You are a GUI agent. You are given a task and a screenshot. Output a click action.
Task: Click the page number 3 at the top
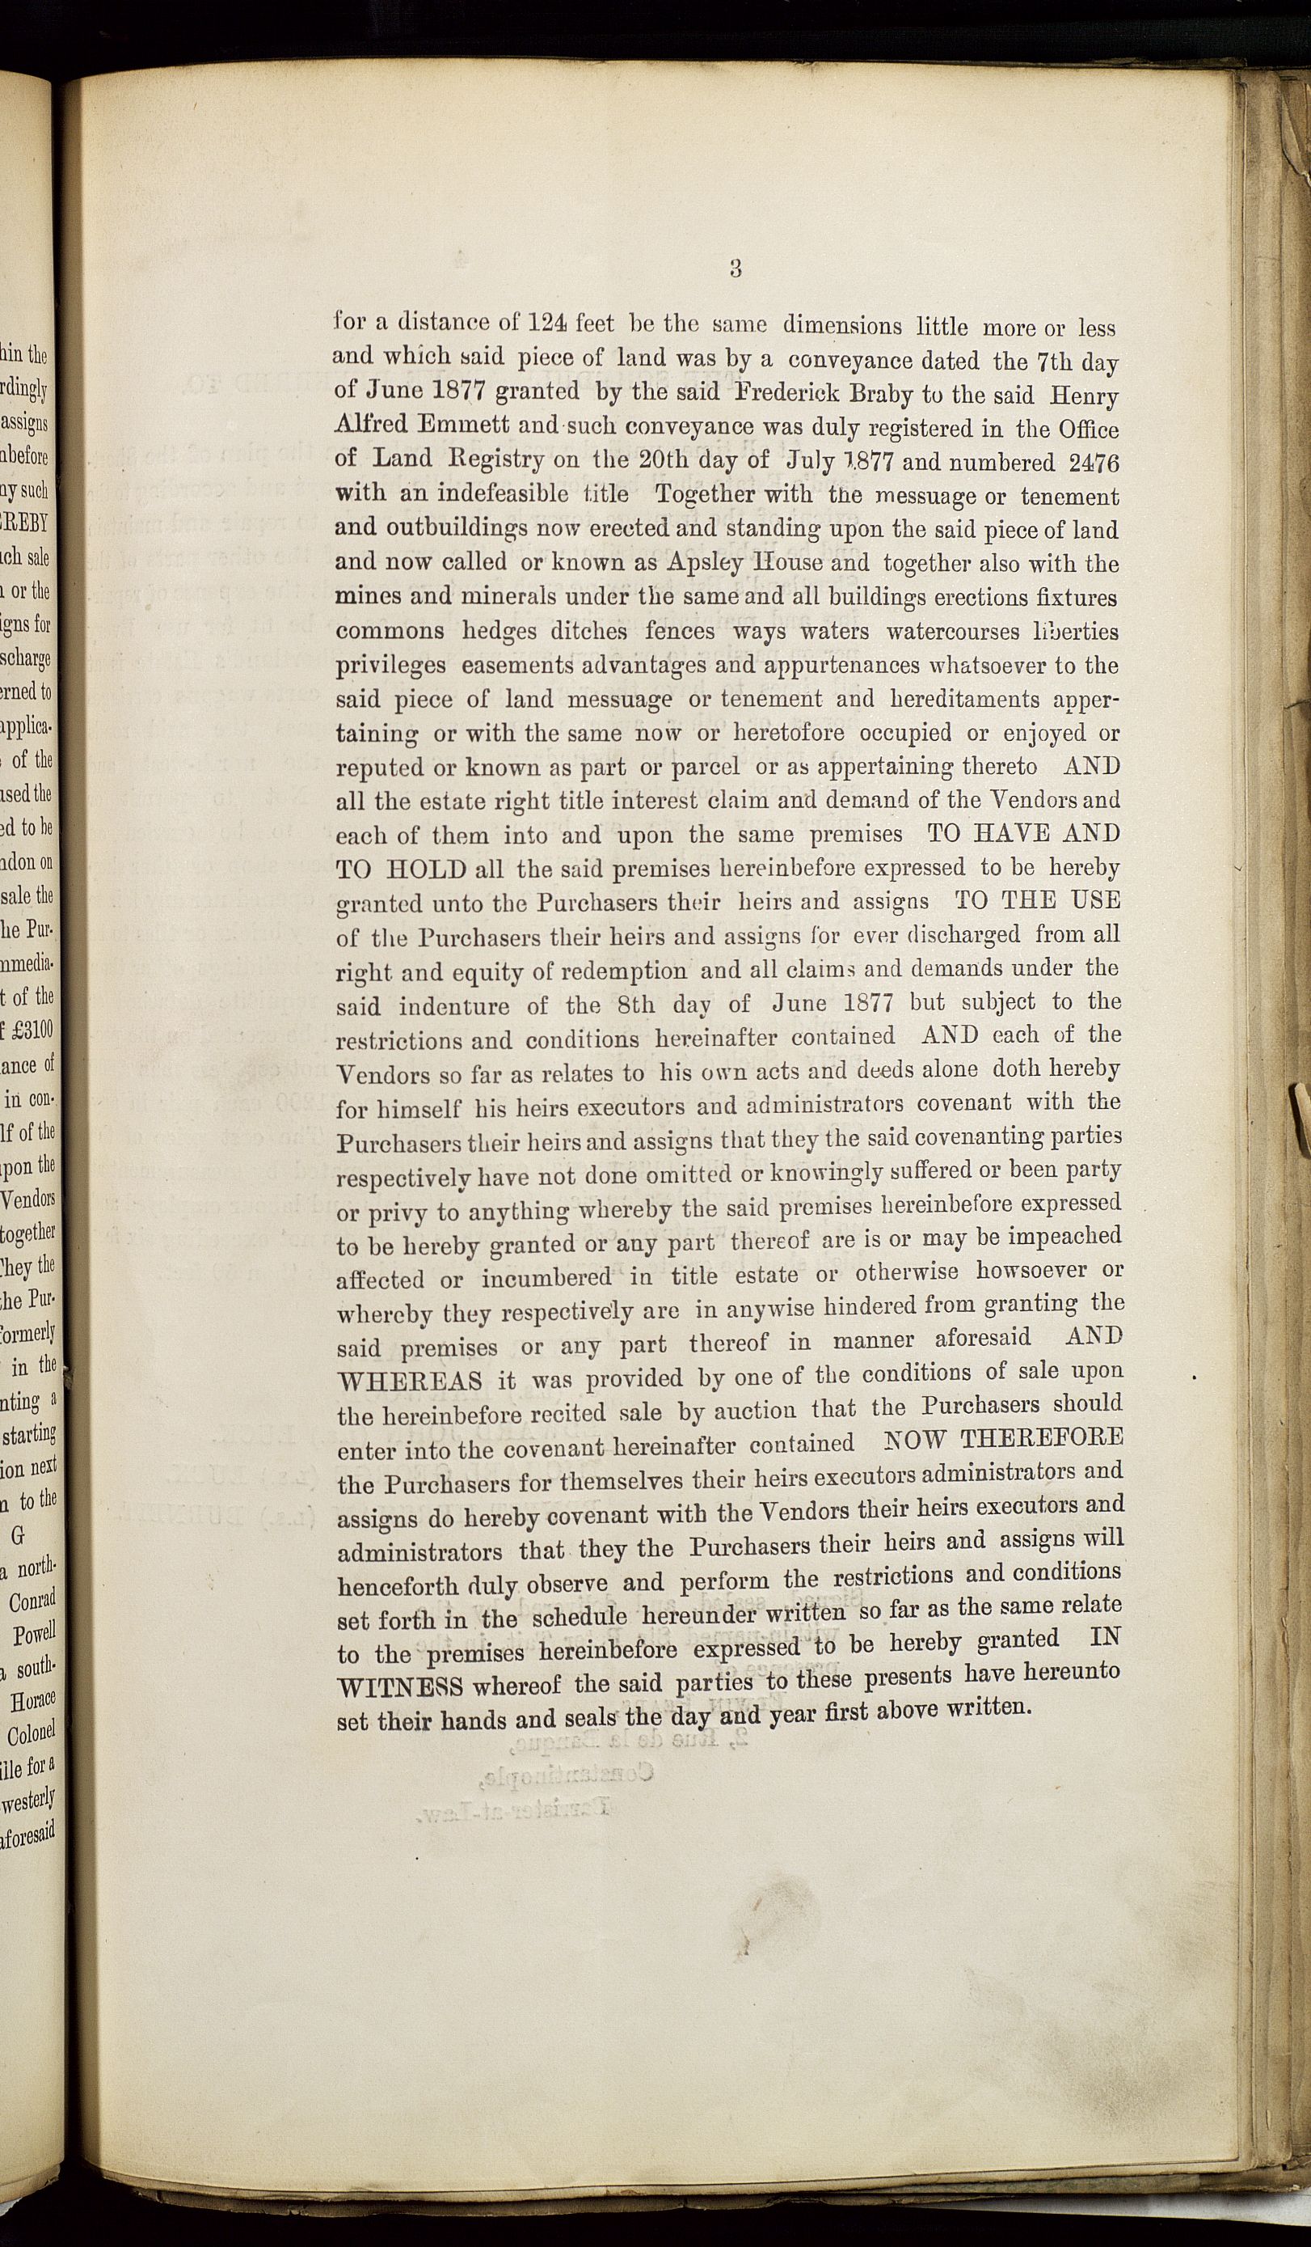tap(736, 269)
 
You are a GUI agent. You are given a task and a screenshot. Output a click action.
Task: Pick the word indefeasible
tap(493, 494)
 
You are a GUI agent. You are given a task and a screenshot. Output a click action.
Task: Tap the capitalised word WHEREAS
tap(411, 1383)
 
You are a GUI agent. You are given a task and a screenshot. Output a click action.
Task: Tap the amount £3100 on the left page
tap(35, 1030)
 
